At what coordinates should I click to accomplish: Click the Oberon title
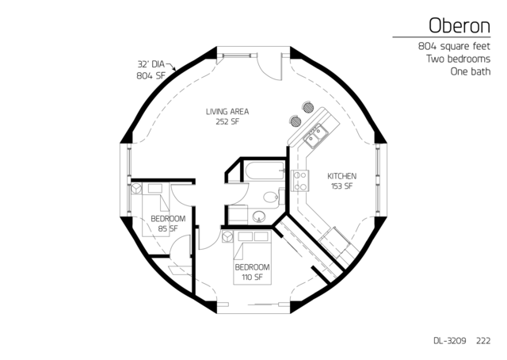pyautogui.click(x=459, y=26)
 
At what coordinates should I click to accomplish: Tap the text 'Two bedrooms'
pyautogui.click(x=458, y=59)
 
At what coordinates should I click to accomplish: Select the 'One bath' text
pyautogui.click(x=471, y=71)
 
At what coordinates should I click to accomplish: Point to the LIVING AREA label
pyautogui.click(x=227, y=112)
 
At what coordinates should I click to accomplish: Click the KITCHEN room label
pyautogui.click(x=341, y=177)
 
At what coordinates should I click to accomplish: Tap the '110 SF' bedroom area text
pyautogui.click(x=252, y=277)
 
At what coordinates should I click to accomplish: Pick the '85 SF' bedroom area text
pyautogui.click(x=168, y=228)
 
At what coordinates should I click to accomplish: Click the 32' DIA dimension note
pyautogui.click(x=151, y=63)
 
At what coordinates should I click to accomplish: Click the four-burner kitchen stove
pyautogui.click(x=299, y=181)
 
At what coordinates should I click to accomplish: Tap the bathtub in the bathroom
pyautogui.click(x=265, y=170)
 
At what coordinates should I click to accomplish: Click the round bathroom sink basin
pyautogui.click(x=259, y=216)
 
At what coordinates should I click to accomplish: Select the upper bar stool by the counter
pyautogui.click(x=308, y=107)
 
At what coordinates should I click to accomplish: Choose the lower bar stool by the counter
pyautogui.click(x=295, y=121)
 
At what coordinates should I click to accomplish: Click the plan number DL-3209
pyautogui.click(x=450, y=341)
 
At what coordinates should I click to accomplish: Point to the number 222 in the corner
pyautogui.click(x=483, y=341)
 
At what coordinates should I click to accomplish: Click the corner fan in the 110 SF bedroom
pyautogui.click(x=227, y=236)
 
